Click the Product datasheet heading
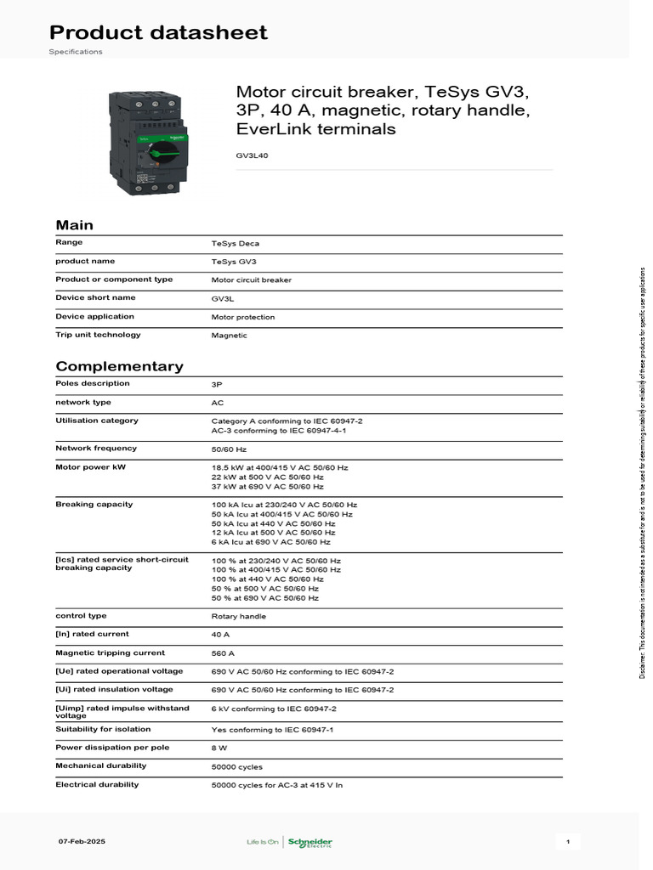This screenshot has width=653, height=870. pos(158,33)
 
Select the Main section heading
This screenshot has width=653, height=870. pos(75,225)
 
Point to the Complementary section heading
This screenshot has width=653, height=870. pos(119,366)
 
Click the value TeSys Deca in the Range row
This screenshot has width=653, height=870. pos(236,243)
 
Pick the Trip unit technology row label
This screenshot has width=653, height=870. pos(98,335)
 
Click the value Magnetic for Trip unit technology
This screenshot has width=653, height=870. pos(230,336)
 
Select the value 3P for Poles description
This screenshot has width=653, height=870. pos(217,385)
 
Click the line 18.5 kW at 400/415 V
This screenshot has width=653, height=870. pos(280,468)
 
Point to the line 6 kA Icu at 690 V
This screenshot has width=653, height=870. pos(270,542)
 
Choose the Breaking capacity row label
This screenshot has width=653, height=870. pos(94,505)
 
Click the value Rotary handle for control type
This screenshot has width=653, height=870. pos(239,617)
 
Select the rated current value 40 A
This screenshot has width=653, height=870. pos(221,635)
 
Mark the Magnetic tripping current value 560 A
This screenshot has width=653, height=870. pos(224,653)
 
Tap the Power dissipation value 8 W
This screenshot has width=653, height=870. pos(219,749)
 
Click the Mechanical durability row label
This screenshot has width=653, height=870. pos(101,766)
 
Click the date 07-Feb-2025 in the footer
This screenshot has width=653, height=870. pos(82,841)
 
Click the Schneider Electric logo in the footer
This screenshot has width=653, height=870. pos(309,842)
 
